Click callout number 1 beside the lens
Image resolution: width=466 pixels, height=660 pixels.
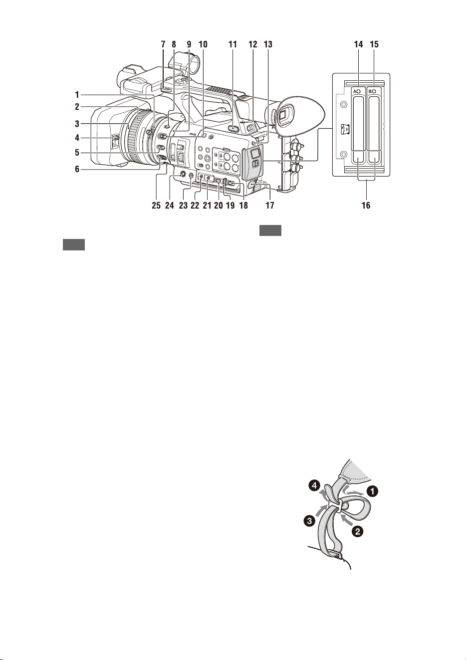[x=77, y=95]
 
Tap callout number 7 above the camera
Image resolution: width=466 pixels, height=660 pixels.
[x=163, y=44]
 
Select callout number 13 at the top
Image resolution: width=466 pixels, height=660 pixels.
[x=267, y=44]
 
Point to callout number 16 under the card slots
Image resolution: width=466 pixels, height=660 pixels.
[x=366, y=205]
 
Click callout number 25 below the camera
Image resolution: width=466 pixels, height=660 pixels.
[x=156, y=205]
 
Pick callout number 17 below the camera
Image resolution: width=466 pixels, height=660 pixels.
[x=270, y=205]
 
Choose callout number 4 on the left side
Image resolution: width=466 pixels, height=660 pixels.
[x=77, y=138]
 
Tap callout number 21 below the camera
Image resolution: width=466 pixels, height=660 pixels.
[x=207, y=205]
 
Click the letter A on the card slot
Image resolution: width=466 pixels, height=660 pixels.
[x=355, y=92]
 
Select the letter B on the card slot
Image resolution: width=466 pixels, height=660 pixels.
[x=371, y=92]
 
